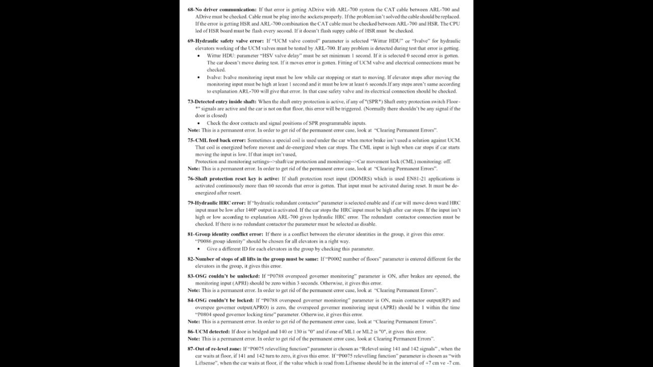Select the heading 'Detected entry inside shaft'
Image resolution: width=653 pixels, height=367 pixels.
coord(225,101)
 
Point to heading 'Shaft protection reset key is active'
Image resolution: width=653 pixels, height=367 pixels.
coord(237,179)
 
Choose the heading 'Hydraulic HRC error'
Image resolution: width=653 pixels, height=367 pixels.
coord(220,203)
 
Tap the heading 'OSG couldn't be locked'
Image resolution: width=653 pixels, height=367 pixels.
coord(224,301)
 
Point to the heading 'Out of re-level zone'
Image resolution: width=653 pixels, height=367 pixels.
coord(218,349)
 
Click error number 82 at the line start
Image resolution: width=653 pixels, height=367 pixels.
coord(191,259)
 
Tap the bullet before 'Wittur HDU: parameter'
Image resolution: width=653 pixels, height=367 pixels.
coord(198,56)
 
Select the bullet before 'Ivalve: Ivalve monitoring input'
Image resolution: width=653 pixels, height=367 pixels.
coord(198,77)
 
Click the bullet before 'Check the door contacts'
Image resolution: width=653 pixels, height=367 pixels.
coord(198,123)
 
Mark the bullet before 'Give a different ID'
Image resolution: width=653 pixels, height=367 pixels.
coord(198,249)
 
